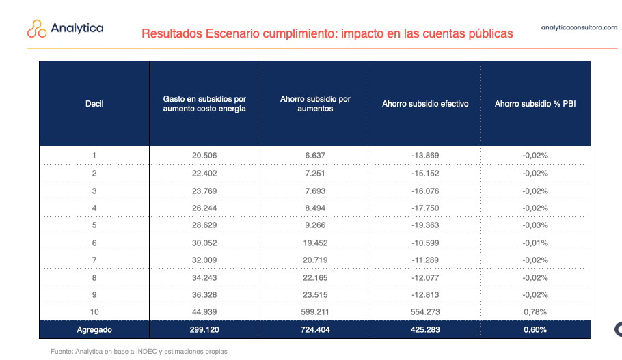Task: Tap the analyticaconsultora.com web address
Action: [578, 28]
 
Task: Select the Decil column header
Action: [94, 104]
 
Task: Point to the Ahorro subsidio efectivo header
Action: [425, 104]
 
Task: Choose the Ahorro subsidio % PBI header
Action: [535, 104]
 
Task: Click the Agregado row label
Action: [94, 329]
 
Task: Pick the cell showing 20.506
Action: [204, 156]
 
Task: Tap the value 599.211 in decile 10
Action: [315, 312]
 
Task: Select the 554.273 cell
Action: [425, 312]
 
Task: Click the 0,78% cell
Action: [535, 312]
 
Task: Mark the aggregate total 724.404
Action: [315, 329]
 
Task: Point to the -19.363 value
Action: [425, 225]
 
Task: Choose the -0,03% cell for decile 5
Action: [535, 225]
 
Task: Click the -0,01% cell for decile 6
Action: [535, 243]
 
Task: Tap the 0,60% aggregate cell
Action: [535, 329]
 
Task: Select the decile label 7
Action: [94, 260]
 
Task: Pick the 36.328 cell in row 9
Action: [204, 295]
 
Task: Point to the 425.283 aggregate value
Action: [425, 329]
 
